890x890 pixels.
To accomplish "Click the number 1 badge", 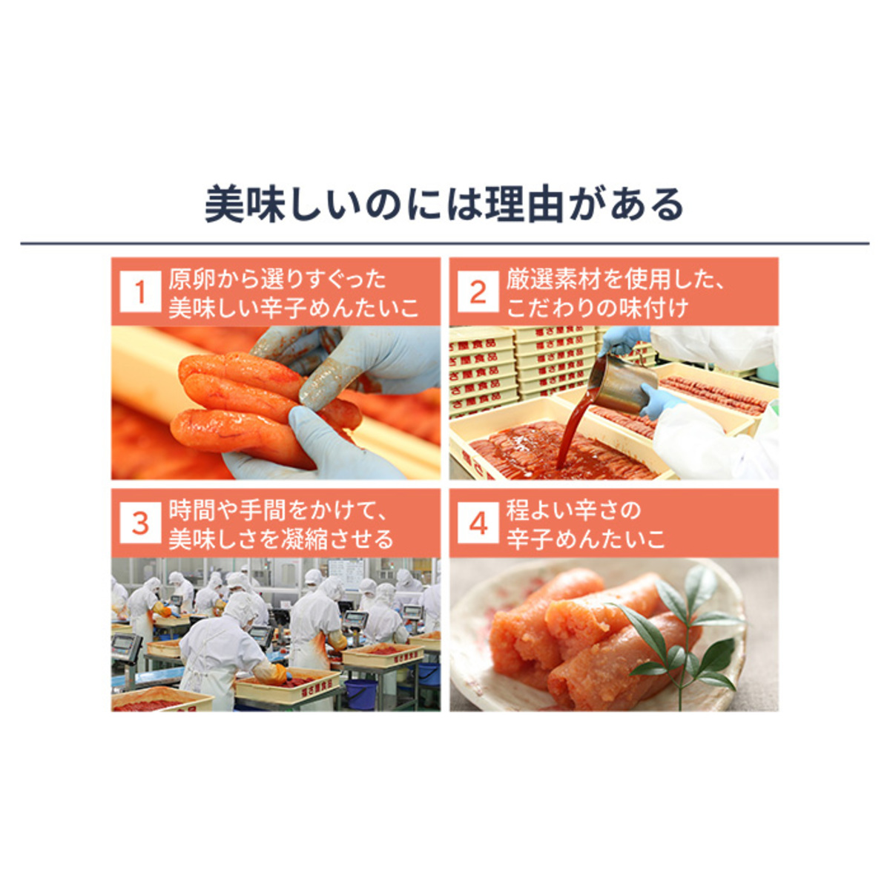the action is pos(140,291).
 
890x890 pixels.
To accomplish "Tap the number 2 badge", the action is pos(478,291).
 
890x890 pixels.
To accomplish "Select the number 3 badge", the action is pos(140,523).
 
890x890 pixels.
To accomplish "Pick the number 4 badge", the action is pos(478,523).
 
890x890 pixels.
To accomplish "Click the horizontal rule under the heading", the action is pos(445,243).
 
